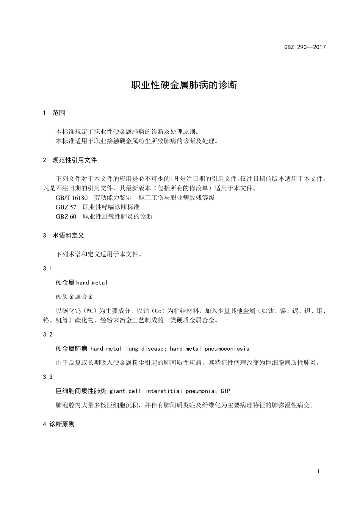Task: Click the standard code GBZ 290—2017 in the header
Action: click(305, 47)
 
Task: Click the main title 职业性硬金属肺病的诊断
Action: click(184, 85)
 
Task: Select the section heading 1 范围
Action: click(54, 113)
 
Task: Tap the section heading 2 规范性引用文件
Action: click(70, 160)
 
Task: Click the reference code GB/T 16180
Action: click(72, 198)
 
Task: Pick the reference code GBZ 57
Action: click(66, 207)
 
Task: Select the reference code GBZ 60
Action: click(66, 217)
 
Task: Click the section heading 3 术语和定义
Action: click(64, 236)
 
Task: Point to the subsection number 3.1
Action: click(48, 269)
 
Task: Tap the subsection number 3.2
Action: click(48, 334)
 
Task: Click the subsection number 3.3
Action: click(48, 377)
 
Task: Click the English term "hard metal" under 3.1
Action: click(92, 283)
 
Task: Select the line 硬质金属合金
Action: click(75, 297)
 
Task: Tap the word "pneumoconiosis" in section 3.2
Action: click(227, 348)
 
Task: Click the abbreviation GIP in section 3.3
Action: click(225, 391)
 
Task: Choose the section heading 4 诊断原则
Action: click(59, 424)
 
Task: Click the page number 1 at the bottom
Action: click(318, 472)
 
